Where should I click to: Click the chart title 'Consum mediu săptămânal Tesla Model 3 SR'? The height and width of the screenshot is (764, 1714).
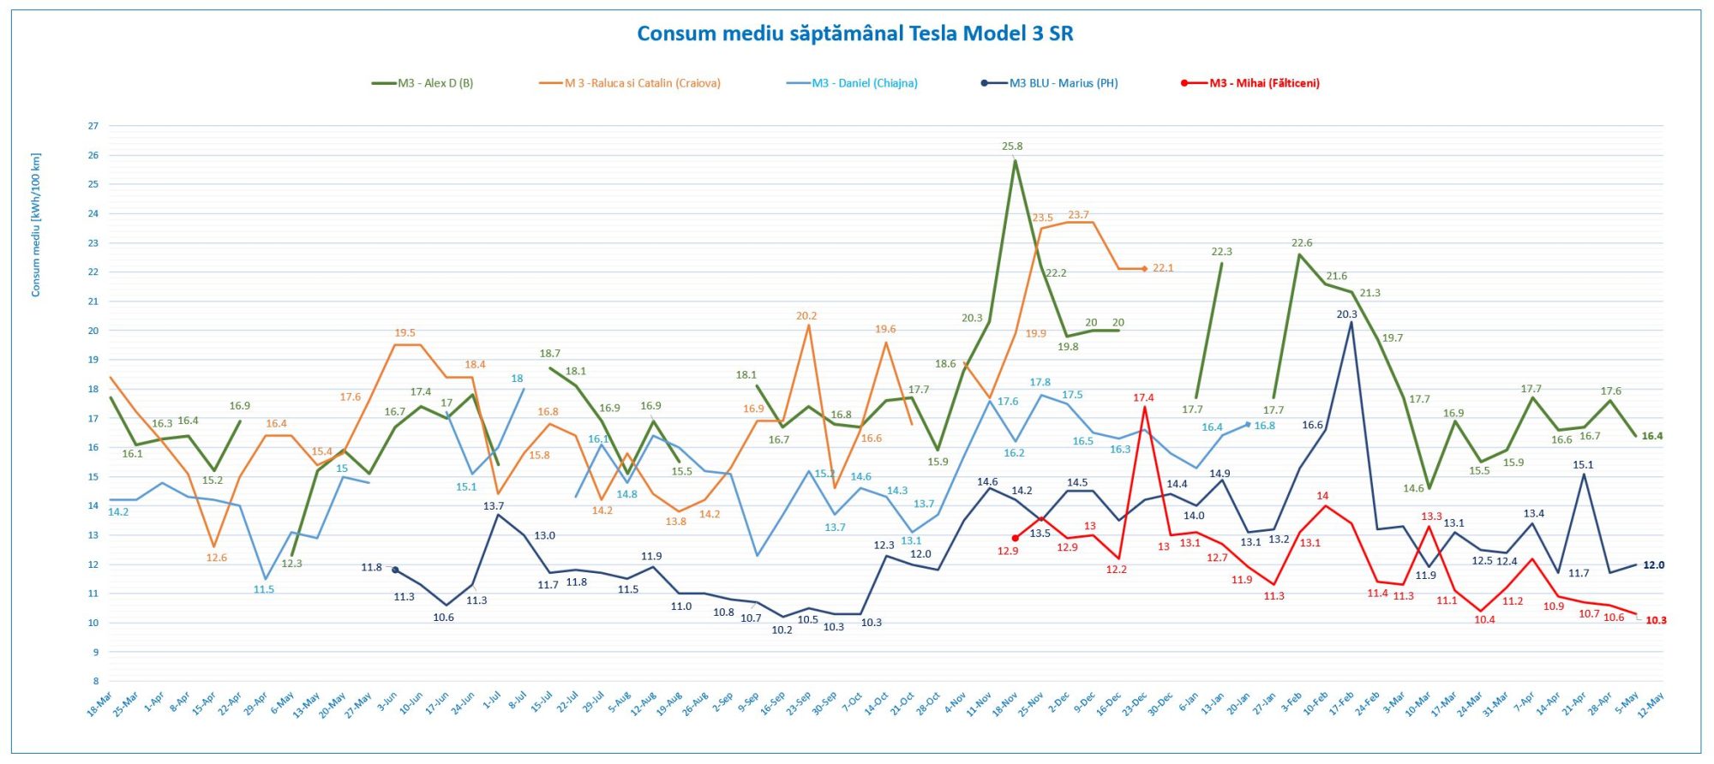pos(854,33)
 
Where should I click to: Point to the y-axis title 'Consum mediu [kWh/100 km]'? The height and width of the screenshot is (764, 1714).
pos(36,225)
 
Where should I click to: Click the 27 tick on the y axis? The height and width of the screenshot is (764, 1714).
pos(93,126)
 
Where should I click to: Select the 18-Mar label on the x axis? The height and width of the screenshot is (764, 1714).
pos(99,705)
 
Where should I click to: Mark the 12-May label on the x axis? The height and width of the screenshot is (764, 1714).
pos(1651,705)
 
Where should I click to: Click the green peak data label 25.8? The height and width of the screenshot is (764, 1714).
pos(1012,146)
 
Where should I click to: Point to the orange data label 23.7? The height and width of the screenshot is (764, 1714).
pos(1078,215)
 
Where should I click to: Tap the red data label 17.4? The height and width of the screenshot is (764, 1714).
pos(1143,397)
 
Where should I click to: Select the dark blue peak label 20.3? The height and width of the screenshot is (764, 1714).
pos(1346,314)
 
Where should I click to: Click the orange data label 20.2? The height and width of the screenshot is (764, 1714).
pos(806,316)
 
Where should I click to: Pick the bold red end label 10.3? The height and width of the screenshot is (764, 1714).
pos(1656,620)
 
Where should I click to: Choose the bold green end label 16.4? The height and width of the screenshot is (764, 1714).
pos(1651,436)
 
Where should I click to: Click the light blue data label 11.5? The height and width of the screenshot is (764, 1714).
pos(264,589)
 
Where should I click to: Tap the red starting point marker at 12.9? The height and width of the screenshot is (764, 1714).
pos(1016,538)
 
